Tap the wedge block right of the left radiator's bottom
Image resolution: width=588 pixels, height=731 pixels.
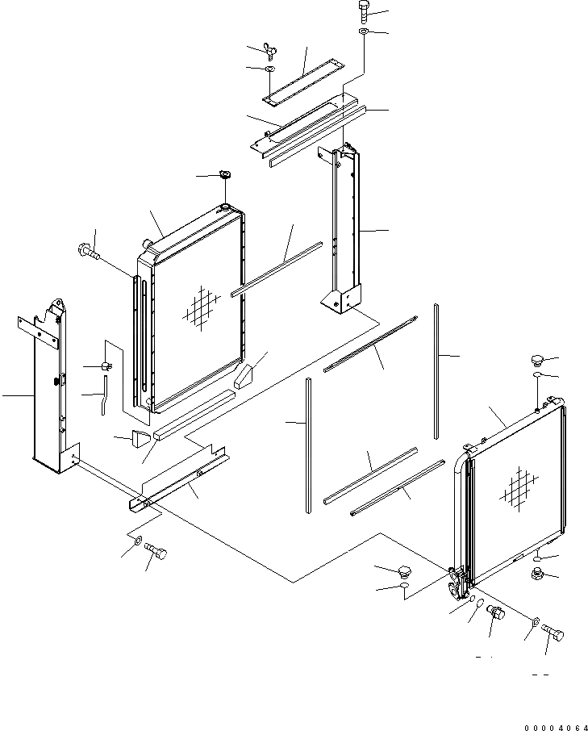click(245, 375)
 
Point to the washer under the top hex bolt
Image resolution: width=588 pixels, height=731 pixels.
click(362, 32)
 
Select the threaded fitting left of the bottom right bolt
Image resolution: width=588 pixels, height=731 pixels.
click(496, 615)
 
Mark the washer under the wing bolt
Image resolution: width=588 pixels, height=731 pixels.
click(269, 70)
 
